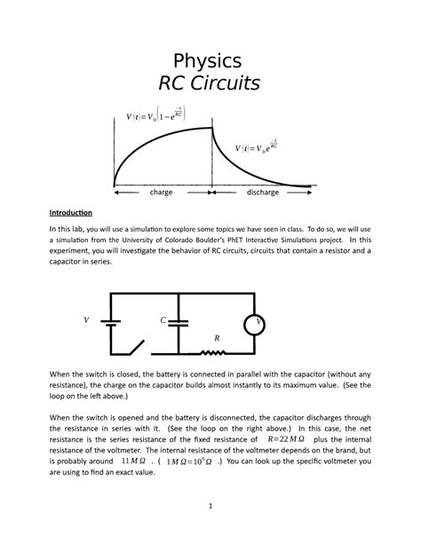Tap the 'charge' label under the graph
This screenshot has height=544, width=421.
click(x=161, y=191)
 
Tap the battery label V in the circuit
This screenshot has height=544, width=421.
click(x=86, y=319)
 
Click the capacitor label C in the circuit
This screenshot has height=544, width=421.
click(x=163, y=319)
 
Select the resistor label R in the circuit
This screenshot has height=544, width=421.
click(x=217, y=338)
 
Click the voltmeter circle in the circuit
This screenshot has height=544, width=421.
click(x=258, y=322)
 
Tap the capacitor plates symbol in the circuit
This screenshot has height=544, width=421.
click(x=179, y=322)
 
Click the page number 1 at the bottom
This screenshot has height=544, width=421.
click(x=210, y=506)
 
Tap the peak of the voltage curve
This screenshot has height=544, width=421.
click(x=211, y=129)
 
